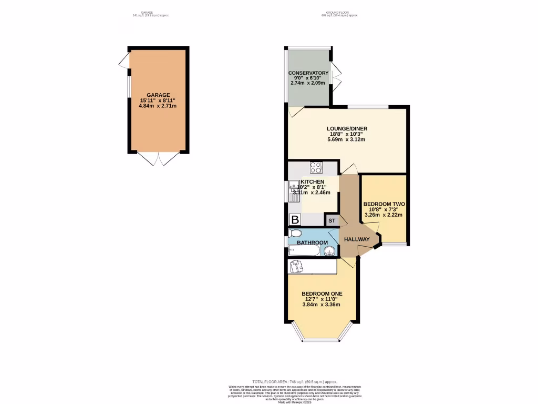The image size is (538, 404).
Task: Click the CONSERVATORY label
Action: tap(308, 73)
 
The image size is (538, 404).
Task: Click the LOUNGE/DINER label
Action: tap(347, 128)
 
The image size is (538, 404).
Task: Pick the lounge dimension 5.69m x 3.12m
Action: tap(347, 139)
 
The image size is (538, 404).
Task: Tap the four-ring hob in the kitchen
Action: tap(316, 168)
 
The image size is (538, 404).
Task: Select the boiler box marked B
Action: tap(295, 220)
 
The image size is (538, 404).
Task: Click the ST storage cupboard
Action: tap(332, 220)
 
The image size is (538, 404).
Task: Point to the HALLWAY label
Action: tap(356, 239)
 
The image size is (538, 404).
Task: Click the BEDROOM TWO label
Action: tap(384, 204)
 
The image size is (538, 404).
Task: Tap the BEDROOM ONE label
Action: tap(322, 294)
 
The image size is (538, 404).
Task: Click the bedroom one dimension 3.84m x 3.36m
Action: tap(322, 305)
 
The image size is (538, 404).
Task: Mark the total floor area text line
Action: tap(294, 381)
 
